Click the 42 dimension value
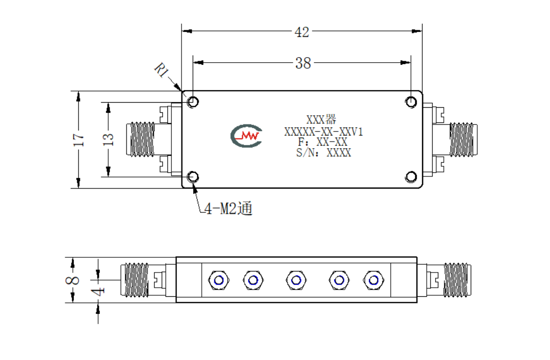click(302, 32)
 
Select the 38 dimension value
click(303, 63)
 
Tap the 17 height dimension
click(78, 140)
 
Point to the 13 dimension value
click(108, 140)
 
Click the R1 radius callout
click(162, 70)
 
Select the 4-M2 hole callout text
click(228, 209)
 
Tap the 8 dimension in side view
click(72, 280)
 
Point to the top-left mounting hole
click(193, 102)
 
